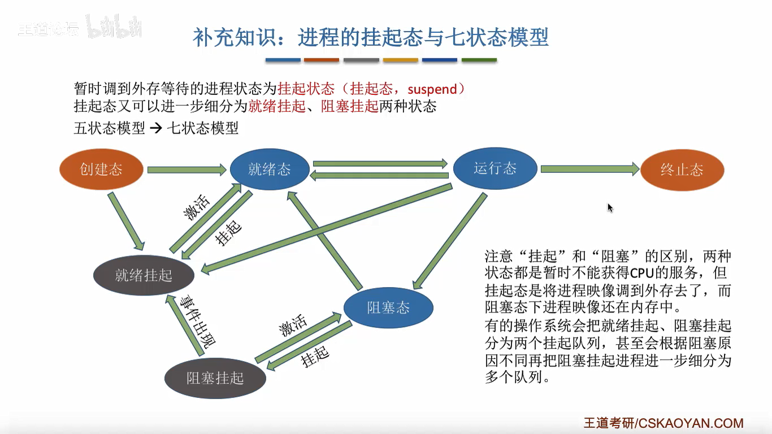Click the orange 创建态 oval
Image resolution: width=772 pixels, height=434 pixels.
[101, 169]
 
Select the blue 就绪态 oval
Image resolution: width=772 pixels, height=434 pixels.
[270, 169]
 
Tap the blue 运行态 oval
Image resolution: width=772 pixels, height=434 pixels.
[495, 168]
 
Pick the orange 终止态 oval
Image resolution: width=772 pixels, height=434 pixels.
[682, 170]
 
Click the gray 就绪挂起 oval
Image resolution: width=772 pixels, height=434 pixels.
[144, 275]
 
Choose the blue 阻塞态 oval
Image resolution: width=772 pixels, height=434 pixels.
[388, 308]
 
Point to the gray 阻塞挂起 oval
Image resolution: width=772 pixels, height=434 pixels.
[215, 377]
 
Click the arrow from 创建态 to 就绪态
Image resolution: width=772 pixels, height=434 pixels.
[187, 169]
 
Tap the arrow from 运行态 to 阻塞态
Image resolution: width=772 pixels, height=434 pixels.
[449, 240]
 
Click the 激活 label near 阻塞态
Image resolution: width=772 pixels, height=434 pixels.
[293, 326]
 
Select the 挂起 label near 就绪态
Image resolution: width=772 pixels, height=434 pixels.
[229, 232]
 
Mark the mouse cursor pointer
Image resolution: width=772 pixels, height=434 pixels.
[610, 207]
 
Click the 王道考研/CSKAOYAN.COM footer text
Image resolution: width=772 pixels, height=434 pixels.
[663, 423]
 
